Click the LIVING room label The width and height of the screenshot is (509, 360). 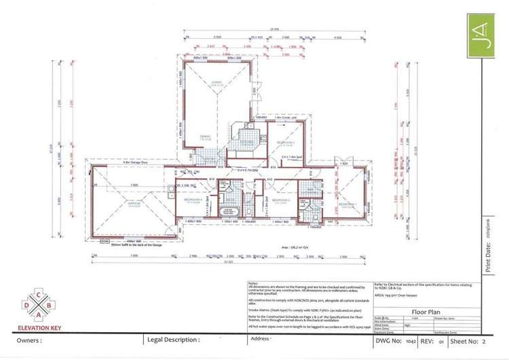[x=216, y=84]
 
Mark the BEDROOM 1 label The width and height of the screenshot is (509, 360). [x=347, y=203]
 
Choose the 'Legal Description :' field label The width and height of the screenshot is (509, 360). [x=173, y=340]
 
